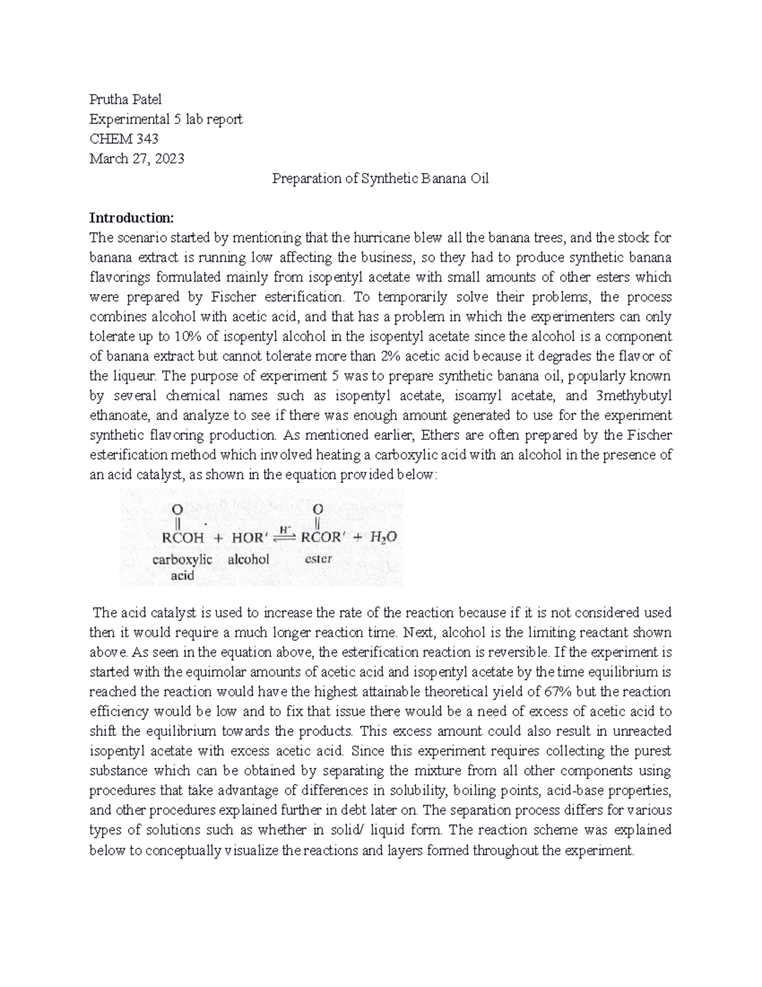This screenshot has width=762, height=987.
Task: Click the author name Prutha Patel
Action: [125, 99]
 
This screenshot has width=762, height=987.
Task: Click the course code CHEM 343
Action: [124, 139]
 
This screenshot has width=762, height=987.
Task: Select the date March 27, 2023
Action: [137, 158]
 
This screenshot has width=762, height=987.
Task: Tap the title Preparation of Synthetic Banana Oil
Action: [380, 179]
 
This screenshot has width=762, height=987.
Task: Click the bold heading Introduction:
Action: [131, 218]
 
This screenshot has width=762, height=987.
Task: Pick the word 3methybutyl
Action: [634, 395]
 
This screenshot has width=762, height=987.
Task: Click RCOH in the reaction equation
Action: [184, 538]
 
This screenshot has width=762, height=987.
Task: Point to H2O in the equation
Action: [385, 538]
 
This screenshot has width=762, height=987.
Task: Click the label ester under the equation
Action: [319, 560]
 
